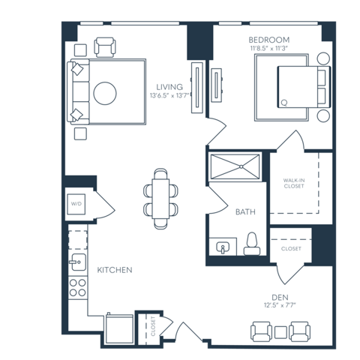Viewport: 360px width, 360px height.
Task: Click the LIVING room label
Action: click(x=169, y=87)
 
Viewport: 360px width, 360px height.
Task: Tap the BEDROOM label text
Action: click(x=269, y=40)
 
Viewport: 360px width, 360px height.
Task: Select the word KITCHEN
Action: click(x=115, y=270)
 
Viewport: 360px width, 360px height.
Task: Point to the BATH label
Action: click(x=245, y=212)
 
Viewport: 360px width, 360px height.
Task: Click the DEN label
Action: click(x=280, y=297)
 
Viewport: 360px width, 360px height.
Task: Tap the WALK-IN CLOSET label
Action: click(x=294, y=183)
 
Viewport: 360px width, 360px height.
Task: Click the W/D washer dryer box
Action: click(x=76, y=204)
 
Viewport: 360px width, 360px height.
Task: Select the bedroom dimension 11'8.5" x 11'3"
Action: click(x=269, y=48)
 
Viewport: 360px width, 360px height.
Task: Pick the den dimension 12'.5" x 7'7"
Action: click(x=280, y=305)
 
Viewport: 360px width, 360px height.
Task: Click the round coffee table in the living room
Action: click(x=105, y=93)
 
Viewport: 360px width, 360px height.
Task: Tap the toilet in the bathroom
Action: click(x=252, y=244)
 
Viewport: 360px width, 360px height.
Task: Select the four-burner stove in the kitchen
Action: click(x=78, y=288)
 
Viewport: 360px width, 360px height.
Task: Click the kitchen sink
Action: click(x=78, y=262)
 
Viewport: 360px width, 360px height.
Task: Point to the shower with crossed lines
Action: click(x=235, y=166)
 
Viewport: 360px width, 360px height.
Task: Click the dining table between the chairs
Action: click(x=160, y=199)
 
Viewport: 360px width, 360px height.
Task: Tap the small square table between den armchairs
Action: click(x=280, y=332)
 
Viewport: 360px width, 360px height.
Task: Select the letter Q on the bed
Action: click(x=284, y=103)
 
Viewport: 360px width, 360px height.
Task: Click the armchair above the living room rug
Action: click(x=105, y=47)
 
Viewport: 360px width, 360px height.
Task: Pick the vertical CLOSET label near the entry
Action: click(x=153, y=326)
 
